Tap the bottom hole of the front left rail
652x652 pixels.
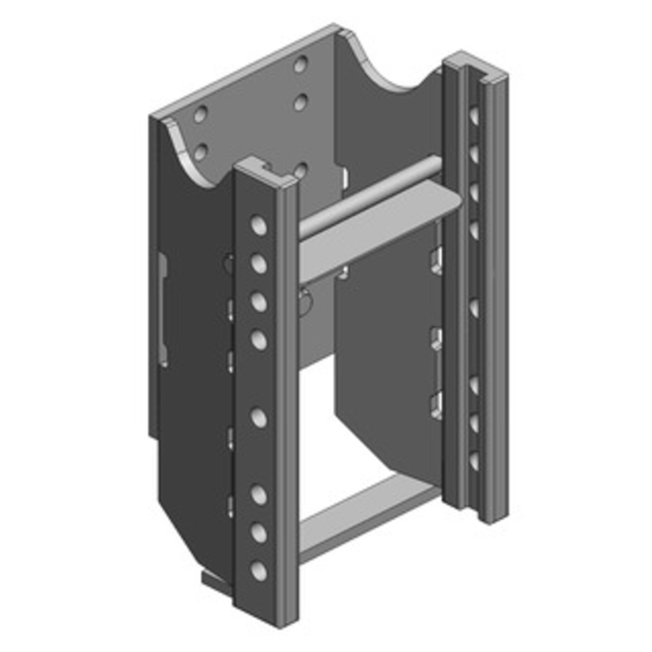[x=258, y=570]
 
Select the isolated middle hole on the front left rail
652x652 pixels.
[x=258, y=418]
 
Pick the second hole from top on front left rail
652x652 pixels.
[x=258, y=263]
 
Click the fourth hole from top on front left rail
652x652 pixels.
[x=258, y=339]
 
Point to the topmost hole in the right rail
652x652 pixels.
[x=474, y=115]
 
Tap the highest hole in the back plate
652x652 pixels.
[x=301, y=64]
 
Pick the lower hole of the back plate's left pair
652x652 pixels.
[x=200, y=152]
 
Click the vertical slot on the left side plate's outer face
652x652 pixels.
[x=162, y=310]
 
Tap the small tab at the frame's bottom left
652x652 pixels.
[x=210, y=579]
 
